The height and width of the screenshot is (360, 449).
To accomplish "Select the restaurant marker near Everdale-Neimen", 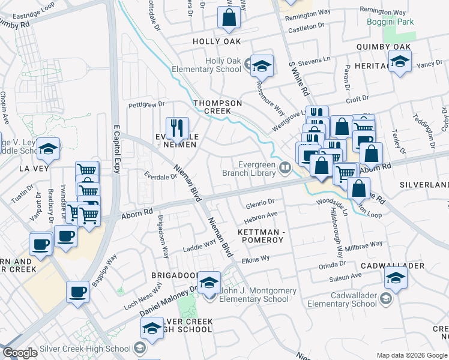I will point(176,128).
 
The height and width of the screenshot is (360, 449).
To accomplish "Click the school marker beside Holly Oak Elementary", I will point(262,66).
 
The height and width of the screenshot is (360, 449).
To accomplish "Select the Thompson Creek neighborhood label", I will point(217,107).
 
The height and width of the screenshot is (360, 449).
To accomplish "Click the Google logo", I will point(20,353).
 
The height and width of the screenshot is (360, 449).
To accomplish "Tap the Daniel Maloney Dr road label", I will point(168,302).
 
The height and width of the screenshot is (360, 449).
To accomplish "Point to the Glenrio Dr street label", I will point(260,202).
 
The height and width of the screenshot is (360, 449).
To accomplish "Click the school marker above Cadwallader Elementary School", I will point(396,278).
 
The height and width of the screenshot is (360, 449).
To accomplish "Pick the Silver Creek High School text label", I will point(85,349).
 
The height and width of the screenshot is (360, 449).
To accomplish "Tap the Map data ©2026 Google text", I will point(412,355).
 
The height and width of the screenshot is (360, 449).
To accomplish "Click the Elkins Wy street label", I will point(255,258).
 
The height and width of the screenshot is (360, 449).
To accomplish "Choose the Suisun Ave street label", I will point(345,276).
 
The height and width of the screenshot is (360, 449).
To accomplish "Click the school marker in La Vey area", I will point(49,149).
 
